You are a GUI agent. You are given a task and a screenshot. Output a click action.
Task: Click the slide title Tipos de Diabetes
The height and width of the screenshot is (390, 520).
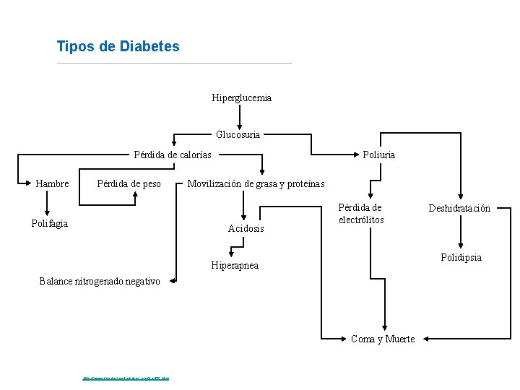point(118,47)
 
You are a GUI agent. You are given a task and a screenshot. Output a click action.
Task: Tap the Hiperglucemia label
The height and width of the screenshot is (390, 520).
point(241,97)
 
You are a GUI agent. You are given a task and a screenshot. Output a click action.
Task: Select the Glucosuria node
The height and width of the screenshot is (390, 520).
point(238,134)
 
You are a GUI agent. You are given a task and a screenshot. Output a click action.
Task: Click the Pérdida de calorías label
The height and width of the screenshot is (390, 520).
point(173,155)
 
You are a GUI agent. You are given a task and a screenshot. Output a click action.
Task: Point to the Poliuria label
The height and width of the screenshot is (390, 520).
point(378,155)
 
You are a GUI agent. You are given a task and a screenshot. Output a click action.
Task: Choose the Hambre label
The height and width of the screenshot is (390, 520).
point(52,183)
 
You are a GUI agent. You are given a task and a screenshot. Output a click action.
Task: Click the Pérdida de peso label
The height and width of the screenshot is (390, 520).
point(129,183)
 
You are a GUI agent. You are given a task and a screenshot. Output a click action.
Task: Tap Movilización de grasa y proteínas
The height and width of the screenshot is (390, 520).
point(256,183)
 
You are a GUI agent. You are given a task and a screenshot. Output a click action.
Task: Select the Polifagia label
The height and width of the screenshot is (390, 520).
point(50,223)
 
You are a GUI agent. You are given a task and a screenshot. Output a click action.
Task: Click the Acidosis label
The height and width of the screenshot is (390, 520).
point(246,228)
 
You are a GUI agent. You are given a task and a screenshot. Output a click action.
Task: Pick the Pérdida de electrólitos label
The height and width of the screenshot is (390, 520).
point(361,213)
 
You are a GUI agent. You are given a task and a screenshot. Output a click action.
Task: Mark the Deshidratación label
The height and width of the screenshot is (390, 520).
point(459,209)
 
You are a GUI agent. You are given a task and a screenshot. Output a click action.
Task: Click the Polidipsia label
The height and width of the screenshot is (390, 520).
point(461,257)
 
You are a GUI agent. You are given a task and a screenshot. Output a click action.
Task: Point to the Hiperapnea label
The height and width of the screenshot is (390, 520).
point(235,265)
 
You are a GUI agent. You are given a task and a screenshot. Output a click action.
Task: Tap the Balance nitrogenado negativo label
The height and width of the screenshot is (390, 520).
point(100,281)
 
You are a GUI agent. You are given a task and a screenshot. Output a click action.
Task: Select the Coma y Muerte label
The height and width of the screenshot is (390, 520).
point(382,339)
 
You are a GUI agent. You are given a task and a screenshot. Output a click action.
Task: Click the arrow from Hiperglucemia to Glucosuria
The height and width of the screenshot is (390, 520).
point(240,115)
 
